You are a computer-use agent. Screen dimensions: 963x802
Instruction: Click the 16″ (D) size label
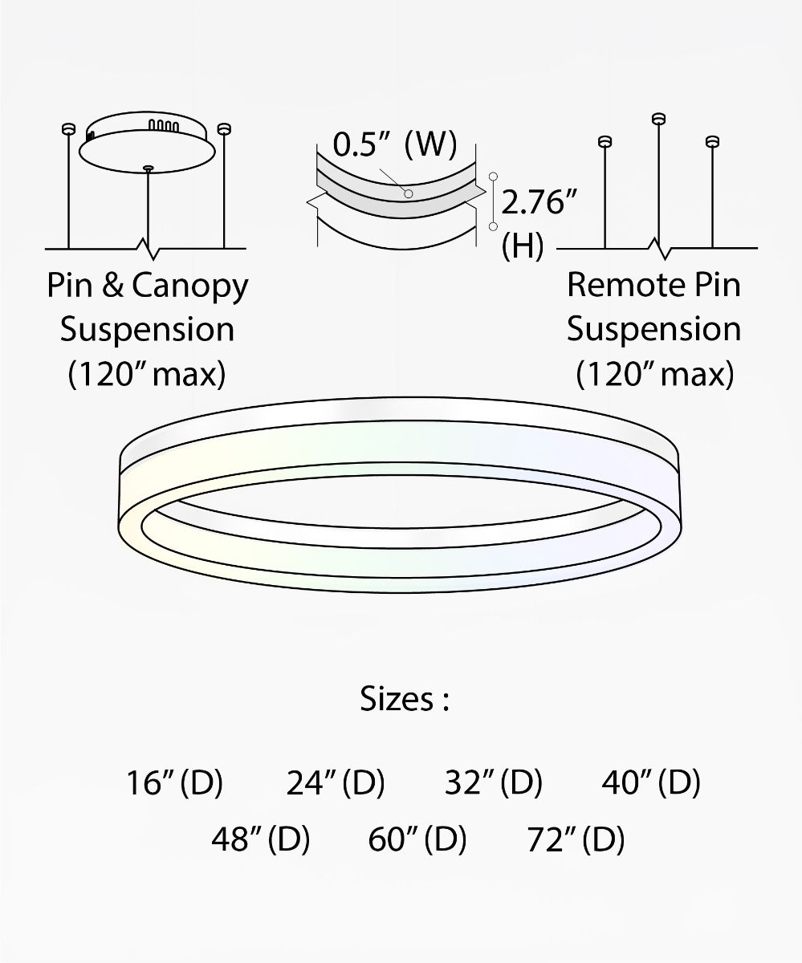(174, 782)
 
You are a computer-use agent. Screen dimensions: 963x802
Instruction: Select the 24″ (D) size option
(336, 782)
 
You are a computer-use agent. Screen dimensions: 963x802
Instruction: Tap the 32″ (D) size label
(494, 782)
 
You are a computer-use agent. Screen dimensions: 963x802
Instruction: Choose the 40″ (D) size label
(651, 782)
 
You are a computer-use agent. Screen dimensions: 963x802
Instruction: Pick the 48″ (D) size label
(261, 839)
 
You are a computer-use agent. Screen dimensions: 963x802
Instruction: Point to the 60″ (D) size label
(417, 839)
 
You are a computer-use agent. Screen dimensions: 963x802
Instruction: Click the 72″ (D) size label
(576, 839)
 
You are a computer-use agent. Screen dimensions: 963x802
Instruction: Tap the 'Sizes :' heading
(404, 699)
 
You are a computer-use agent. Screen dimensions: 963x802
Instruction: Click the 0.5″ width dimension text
(362, 145)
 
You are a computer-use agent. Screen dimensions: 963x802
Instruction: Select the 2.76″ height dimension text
(539, 202)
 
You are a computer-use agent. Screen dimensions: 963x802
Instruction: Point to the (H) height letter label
(523, 247)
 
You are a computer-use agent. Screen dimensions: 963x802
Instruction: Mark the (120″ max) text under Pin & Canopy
(147, 374)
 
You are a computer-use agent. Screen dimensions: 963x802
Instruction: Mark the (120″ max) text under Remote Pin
(655, 374)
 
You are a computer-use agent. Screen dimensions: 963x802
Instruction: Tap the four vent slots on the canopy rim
(165, 126)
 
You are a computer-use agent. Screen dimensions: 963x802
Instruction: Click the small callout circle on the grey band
(409, 194)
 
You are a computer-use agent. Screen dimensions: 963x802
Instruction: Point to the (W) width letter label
(431, 145)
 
